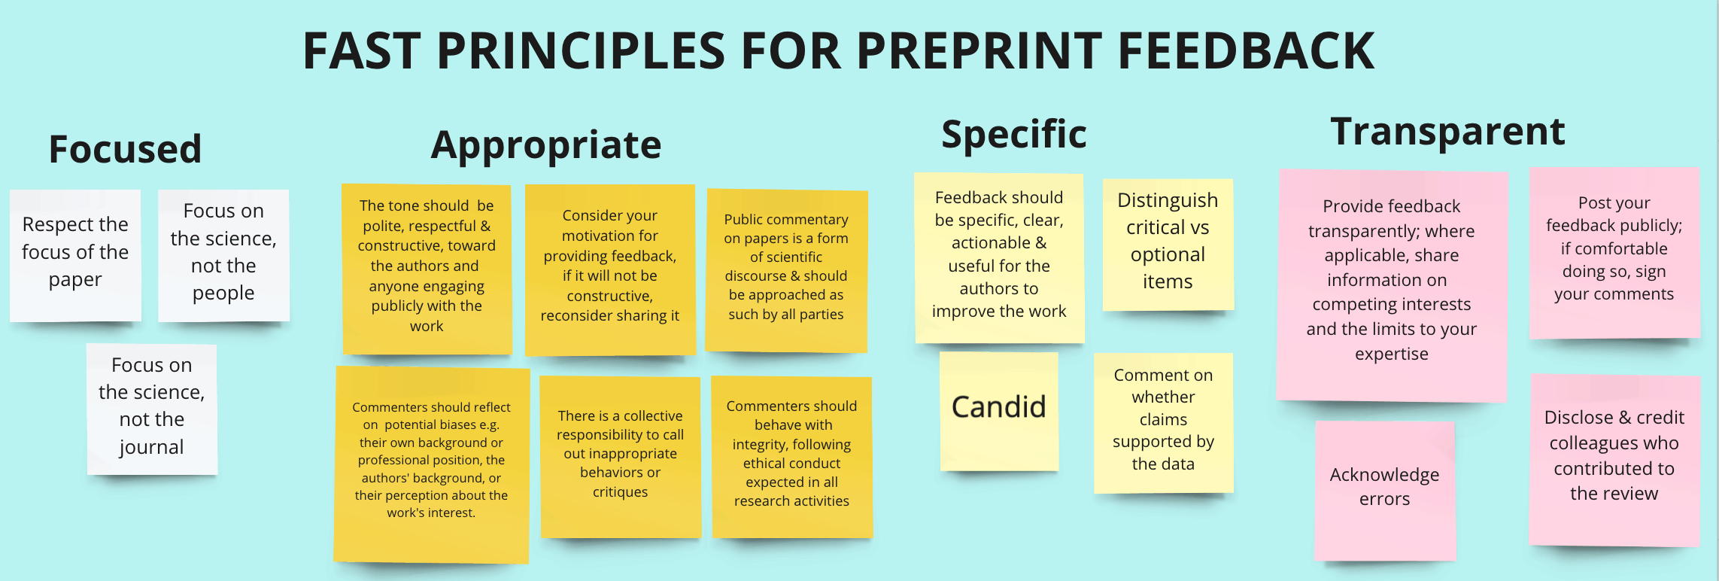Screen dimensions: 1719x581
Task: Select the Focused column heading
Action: tap(125, 148)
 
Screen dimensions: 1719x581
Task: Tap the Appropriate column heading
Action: tap(546, 145)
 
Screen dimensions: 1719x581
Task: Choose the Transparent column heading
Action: tap(1447, 131)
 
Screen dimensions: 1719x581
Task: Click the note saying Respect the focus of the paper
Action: tap(75, 255)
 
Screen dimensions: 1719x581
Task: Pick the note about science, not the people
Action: tap(223, 255)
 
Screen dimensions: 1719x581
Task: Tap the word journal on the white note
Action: tap(151, 447)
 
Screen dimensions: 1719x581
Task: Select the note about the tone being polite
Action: tap(427, 269)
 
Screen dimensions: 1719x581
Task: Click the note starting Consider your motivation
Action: tap(610, 269)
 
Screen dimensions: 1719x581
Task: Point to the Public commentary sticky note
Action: tap(786, 271)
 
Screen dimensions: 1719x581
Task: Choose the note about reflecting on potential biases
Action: tap(432, 464)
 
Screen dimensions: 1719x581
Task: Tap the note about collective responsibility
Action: tap(621, 457)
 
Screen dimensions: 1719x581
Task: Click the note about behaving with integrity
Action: tap(792, 457)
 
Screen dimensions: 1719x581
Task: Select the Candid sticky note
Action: tap(999, 411)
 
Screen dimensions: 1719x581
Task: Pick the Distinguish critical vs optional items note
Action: tap(1168, 244)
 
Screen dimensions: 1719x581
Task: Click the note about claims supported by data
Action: tap(1163, 423)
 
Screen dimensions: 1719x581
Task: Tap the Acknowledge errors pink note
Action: tap(1385, 490)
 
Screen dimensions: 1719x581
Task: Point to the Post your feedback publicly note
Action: tap(1614, 253)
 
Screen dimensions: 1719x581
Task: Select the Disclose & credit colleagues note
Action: tap(1614, 460)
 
